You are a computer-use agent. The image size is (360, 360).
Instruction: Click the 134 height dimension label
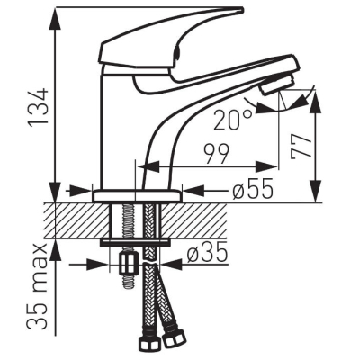[39, 107]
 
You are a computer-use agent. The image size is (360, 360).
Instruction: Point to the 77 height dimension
[300, 146]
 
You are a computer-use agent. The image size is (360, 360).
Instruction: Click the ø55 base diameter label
[253, 189]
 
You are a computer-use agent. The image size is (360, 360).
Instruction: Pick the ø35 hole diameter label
[207, 252]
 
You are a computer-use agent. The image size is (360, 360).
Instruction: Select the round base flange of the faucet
[137, 196]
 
